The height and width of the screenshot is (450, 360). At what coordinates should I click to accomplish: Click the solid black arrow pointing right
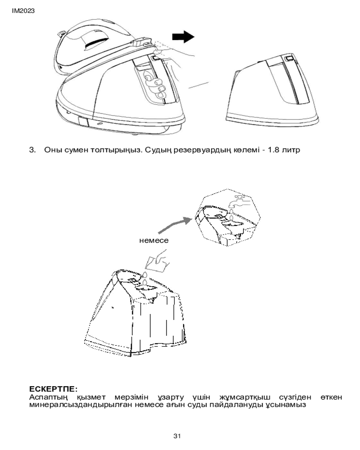[184, 38]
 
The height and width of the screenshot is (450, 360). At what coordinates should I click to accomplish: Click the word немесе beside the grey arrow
[154, 240]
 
